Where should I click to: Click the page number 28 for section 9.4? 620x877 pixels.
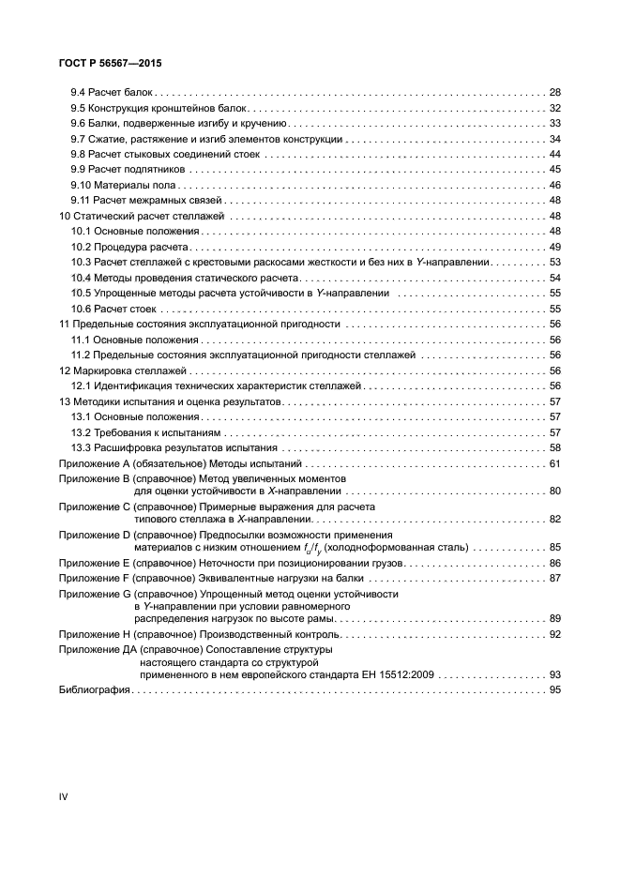[553, 93]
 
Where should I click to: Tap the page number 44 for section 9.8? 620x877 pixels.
[553, 154]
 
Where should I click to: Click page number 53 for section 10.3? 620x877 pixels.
[553, 262]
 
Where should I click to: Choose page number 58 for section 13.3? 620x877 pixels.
[553, 447]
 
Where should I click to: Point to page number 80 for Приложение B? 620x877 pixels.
[553, 491]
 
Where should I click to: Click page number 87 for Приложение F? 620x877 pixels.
[553, 578]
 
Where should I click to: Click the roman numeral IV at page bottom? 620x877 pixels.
[64, 796]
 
